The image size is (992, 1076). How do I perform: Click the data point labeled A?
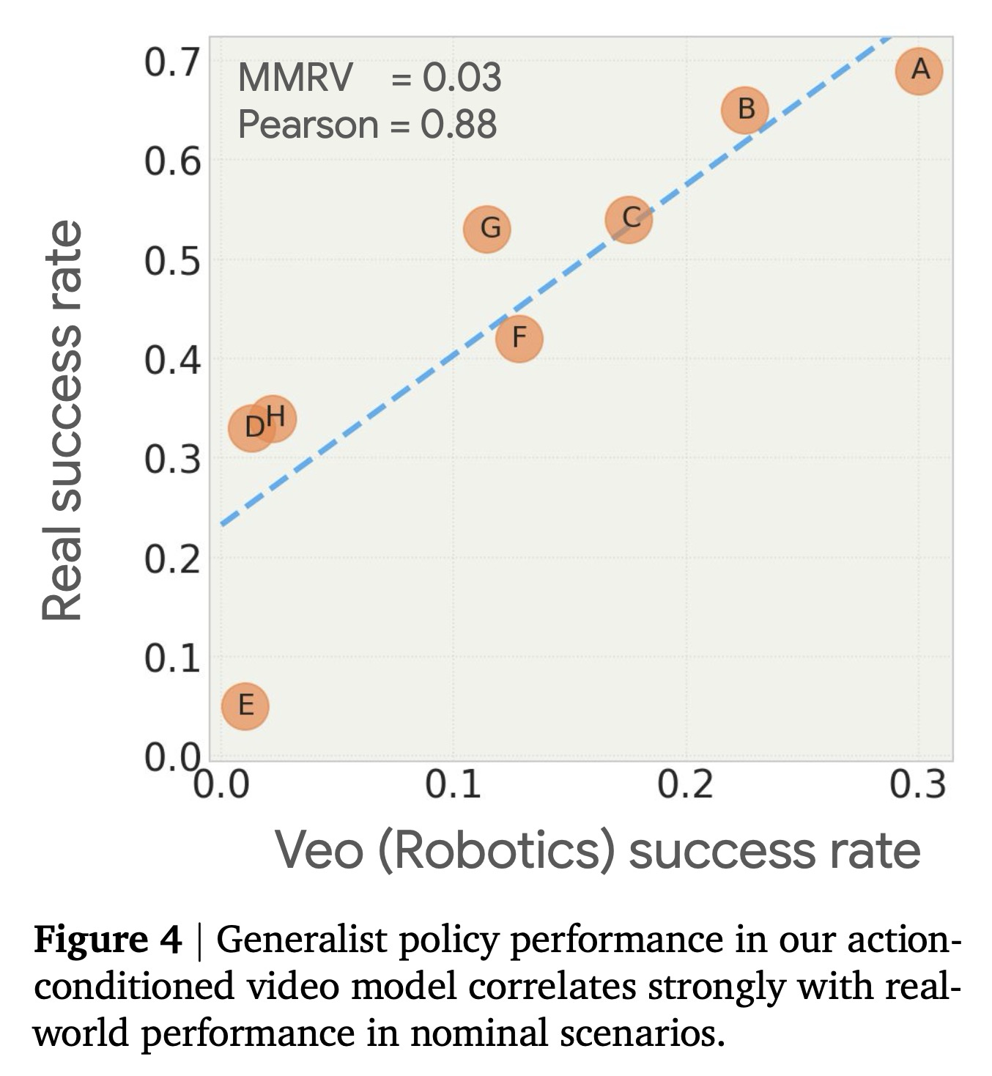pyautogui.click(x=919, y=71)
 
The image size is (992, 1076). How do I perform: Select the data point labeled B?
pyautogui.click(x=745, y=109)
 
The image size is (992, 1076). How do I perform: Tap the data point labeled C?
pyautogui.click(x=629, y=219)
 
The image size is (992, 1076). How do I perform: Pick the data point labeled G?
pyautogui.click(x=487, y=229)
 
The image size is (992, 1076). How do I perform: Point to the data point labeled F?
pyautogui.click(x=519, y=339)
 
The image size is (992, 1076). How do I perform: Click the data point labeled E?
pyautogui.click(x=245, y=706)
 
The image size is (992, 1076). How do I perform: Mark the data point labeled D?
pyautogui.click(x=251, y=427)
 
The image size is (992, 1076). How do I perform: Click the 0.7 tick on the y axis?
pyautogui.click(x=171, y=63)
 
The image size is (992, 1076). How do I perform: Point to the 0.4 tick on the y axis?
pyautogui.click(x=171, y=361)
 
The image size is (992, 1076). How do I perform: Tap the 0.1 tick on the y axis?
pyautogui.click(x=171, y=659)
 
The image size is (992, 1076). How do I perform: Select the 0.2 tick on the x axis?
pyautogui.click(x=685, y=785)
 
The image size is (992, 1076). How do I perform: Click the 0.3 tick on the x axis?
pyautogui.click(x=917, y=785)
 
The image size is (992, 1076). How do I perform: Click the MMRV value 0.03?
pyautogui.click(x=462, y=78)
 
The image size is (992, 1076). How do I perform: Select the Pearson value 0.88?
pyautogui.click(x=459, y=125)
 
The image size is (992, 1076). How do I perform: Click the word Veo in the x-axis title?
pyautogui.click(x=319, y=851)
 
